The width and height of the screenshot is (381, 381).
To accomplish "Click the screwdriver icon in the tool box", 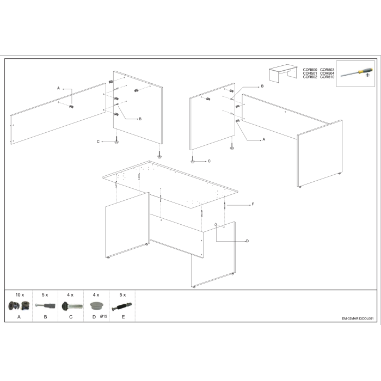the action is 357,72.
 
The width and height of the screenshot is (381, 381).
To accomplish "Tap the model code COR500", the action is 310,70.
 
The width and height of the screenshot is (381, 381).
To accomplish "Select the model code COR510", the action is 327,77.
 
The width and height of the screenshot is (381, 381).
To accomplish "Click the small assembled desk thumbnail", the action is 284,73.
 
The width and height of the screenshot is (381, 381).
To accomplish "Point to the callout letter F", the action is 253,204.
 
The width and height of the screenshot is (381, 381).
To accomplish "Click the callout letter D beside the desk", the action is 247,241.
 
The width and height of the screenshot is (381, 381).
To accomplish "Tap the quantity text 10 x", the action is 20,295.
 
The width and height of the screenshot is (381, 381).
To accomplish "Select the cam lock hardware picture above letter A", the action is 19,306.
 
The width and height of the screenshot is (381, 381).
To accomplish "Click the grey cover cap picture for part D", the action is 97,306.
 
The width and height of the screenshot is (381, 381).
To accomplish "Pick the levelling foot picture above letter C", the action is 72,306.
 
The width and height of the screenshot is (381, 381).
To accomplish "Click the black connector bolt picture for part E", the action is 122,306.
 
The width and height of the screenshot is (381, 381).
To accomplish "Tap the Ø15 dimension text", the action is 103,316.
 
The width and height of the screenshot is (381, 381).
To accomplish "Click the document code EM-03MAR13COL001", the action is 358,318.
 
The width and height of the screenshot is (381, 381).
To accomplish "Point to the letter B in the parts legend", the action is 45,317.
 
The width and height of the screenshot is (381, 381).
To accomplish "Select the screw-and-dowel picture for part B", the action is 45,305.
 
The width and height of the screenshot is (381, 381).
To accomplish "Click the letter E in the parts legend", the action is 123,317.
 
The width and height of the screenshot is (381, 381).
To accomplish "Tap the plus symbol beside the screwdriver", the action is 367,75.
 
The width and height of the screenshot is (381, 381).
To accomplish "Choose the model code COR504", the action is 327,73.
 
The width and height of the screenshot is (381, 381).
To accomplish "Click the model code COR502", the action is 310,77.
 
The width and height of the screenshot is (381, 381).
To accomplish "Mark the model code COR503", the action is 327,70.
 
